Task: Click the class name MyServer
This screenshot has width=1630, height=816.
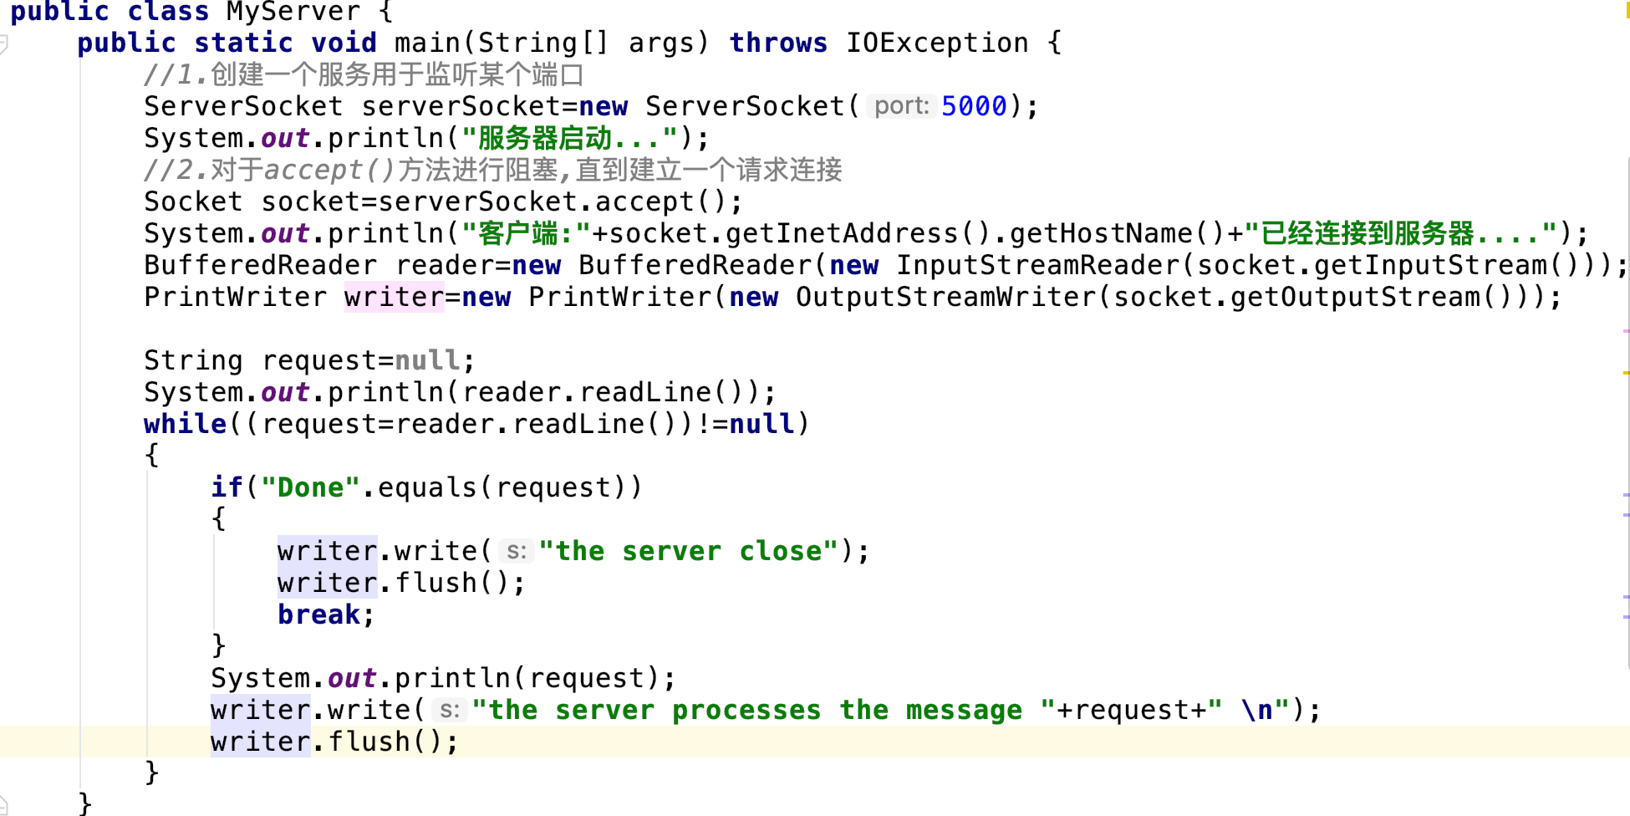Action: point(293,12)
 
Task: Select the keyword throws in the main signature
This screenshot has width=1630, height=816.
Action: point(778,43)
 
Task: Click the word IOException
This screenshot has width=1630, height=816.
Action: point(937,43)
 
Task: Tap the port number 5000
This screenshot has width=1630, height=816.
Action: point(974,106)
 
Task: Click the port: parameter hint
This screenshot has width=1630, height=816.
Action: point(901,106)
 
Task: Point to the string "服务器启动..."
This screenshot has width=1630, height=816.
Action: point(569,138)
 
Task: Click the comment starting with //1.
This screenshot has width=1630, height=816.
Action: point(364,74)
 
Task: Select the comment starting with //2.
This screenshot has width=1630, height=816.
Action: point(492,170)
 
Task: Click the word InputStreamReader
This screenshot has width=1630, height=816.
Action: point(1037,265)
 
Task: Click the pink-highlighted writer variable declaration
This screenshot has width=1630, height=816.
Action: point(394,297)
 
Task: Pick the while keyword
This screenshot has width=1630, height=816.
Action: point(185,424)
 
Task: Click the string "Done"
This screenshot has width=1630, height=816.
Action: point(310,487)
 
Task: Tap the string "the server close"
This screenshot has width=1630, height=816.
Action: point(688,551)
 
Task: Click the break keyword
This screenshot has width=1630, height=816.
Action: point(318,615)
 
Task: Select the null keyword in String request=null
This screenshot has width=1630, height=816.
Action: point(427,360)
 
